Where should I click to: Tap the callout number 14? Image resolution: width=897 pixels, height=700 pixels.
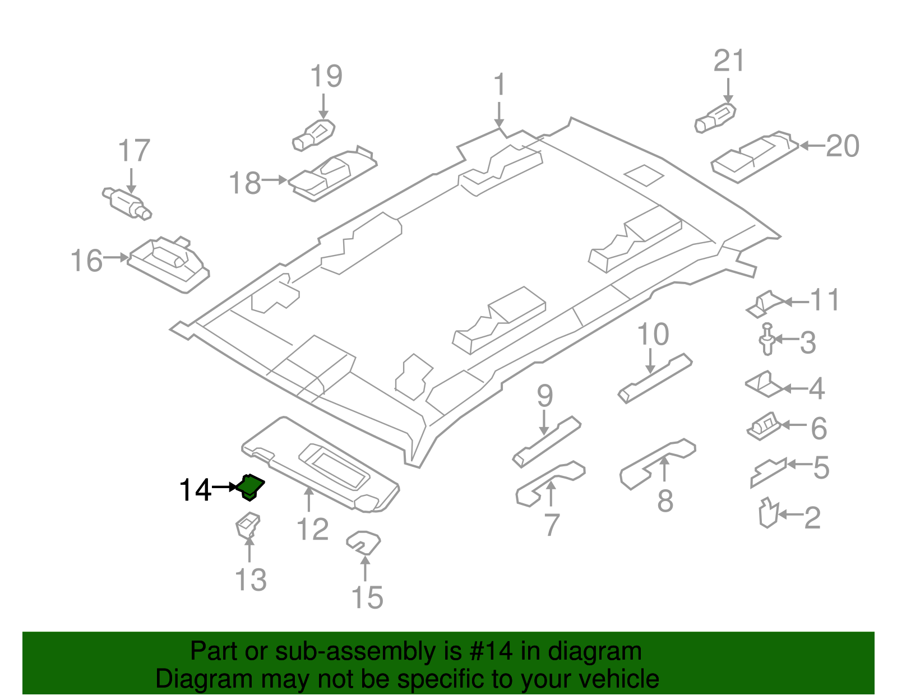195,490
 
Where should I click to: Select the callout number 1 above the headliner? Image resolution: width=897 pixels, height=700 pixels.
499,86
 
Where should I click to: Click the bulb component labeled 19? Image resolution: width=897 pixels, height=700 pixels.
314,135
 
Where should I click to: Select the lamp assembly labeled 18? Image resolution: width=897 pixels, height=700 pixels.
332,174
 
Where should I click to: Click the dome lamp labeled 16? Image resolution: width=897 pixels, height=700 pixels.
168,263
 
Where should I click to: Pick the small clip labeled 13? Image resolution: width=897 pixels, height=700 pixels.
247,525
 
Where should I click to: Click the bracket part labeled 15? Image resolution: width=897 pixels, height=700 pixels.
363,542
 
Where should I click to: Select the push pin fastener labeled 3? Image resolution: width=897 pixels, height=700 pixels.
767,340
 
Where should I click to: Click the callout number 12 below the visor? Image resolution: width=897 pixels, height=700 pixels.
312,530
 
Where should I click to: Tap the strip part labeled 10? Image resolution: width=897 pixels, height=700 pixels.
655,378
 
